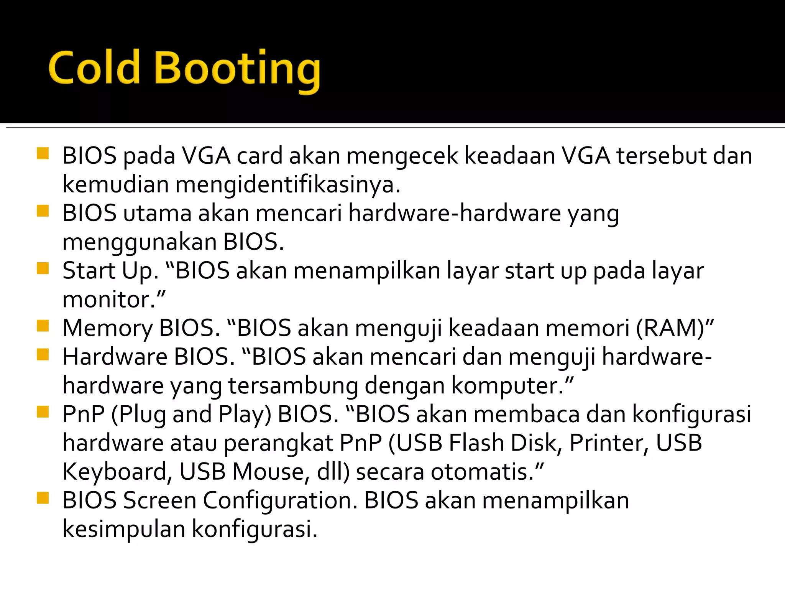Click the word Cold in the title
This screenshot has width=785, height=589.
tap(94, 68)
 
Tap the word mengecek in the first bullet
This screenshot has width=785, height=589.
tap(402, 156)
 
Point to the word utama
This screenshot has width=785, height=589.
tap(157, 214)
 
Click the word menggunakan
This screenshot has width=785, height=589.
tap(140, 243)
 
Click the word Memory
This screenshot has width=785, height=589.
tap(107, 329)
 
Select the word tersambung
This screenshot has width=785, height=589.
tap(293, 386)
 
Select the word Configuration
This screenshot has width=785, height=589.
tap(280, 501)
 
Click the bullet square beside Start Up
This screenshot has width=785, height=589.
tap(43, 268)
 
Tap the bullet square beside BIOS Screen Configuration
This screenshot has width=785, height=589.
tap(43, 498)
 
